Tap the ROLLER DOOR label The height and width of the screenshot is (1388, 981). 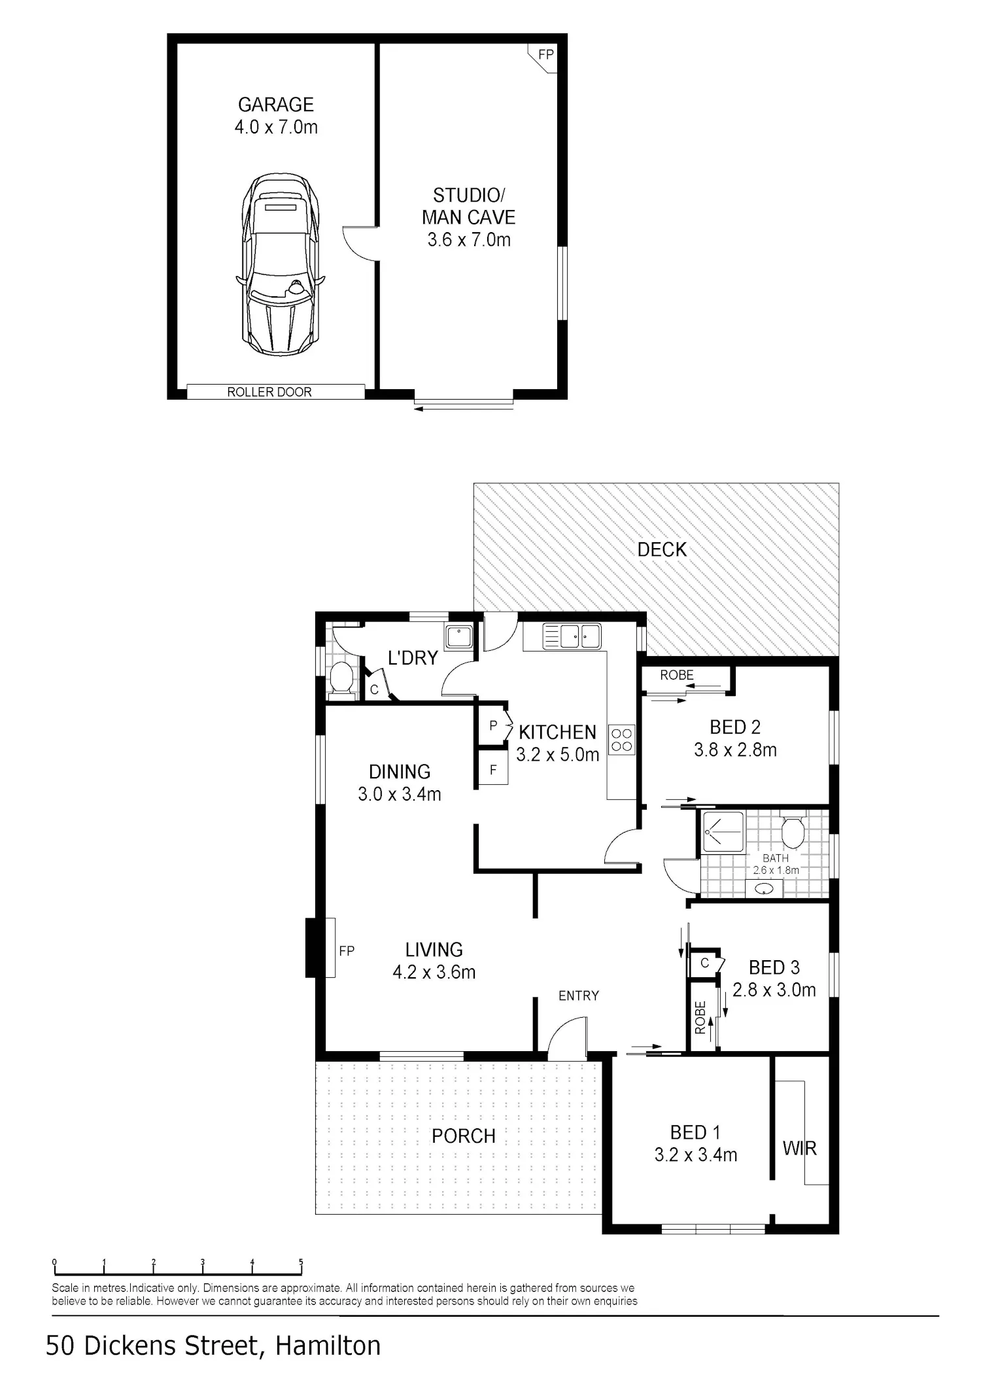[269, 392]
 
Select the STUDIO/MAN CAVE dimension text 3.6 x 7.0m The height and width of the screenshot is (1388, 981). [469, 239]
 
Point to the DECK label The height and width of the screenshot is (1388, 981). [662, 549]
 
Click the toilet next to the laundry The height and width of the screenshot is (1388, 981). [341, 677]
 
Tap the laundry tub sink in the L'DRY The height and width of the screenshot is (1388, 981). [459, 637]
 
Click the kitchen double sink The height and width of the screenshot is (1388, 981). [572, 636]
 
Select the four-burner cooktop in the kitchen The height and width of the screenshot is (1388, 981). [621, 740]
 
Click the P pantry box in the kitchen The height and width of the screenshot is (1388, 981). [493, 725]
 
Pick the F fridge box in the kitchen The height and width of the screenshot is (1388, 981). [493, 770]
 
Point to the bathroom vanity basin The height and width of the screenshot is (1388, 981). [764, 889]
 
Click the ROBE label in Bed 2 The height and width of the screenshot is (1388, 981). [676, 675]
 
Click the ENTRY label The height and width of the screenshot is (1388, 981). [578, 996]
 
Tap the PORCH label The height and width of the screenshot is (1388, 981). [463, 1136]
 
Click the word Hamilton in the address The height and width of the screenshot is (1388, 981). [328, 1345]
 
